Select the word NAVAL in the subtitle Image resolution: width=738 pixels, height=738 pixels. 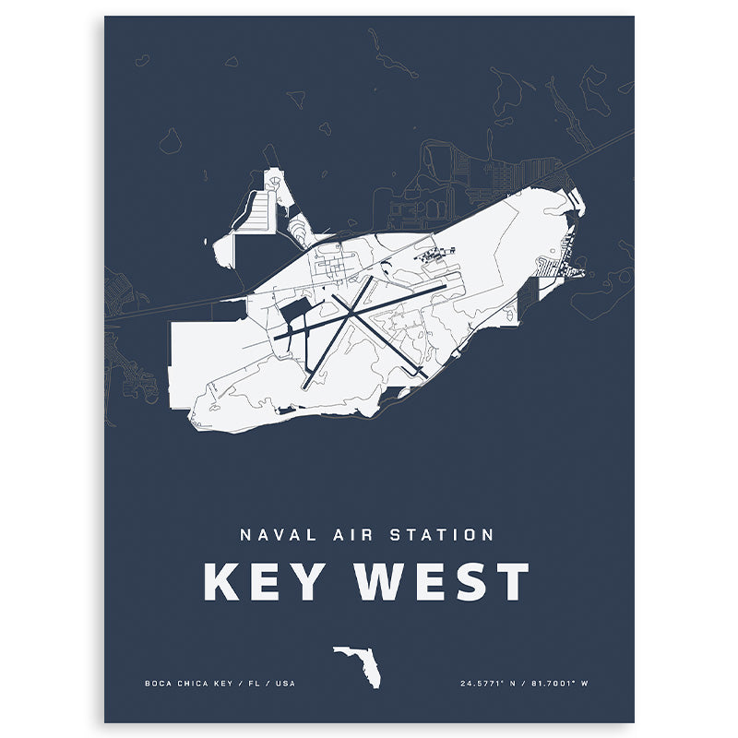pyautogui.click(x=274, y=534)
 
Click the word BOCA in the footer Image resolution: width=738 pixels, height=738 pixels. pyautogui.click(x=158, y=684)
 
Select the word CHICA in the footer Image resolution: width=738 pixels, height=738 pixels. pyautogui.click(x=194, y=684)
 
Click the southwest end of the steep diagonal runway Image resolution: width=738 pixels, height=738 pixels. pyautogui.click(x=307, y=382)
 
